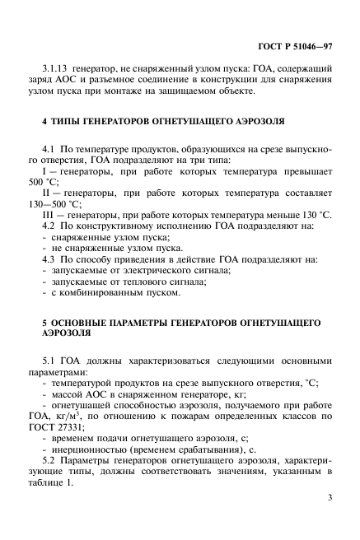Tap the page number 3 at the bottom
point(329,498)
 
